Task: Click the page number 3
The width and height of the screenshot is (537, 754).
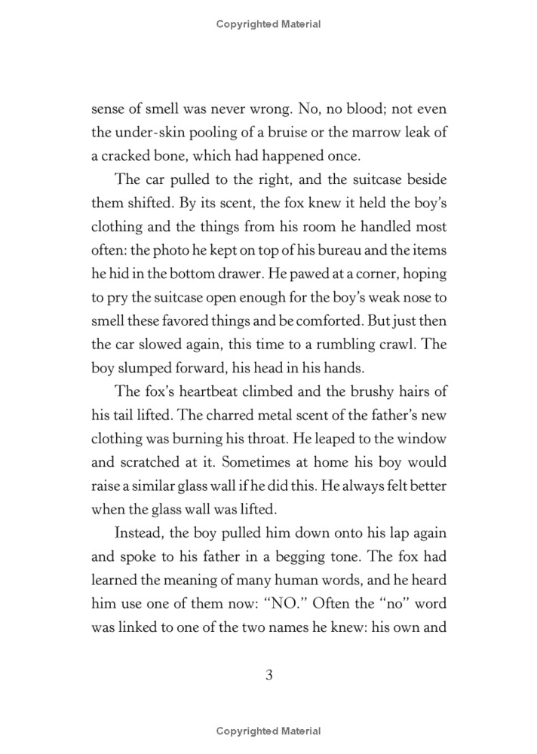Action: pos(268,675)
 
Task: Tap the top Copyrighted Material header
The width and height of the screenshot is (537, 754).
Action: pos(268,24)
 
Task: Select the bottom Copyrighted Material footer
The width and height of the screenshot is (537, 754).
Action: pos(268,731)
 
